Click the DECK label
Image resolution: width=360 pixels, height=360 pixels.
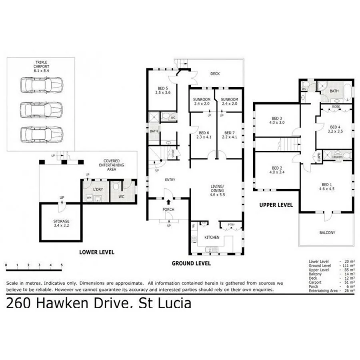[x=215, y=74]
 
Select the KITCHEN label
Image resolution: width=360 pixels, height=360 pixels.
[x=212, y=237]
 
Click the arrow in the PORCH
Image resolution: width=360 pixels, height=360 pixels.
[x=168, y=202]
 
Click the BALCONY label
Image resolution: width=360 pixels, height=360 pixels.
[x=327, y=232]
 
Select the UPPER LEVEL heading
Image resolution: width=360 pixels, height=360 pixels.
[x=276, y=205]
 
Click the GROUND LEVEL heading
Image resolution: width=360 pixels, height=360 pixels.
[x=191, y=263]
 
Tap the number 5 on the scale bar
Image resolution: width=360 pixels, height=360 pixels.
[x=62, y=265]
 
